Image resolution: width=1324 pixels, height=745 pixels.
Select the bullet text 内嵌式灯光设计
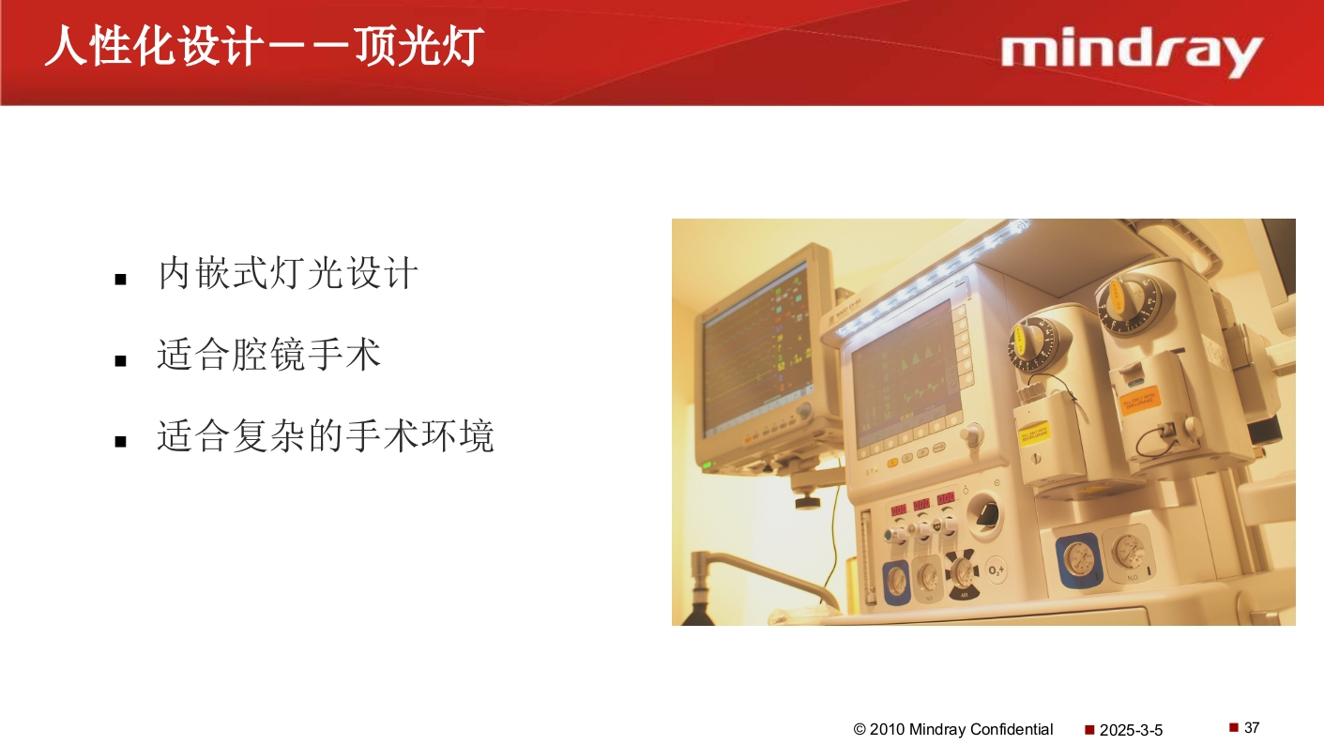click(288, 274)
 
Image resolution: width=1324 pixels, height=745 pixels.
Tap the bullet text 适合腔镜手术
click(269, 356)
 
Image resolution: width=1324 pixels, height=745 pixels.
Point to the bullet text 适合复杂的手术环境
click(326, 436)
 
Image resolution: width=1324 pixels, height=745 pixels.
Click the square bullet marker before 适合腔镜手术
click(120, 360)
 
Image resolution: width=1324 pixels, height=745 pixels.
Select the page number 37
click(1252, 727)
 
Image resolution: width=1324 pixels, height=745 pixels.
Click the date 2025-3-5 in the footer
click(1131, 730)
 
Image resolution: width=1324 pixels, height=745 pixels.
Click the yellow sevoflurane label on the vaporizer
click(1034, 433)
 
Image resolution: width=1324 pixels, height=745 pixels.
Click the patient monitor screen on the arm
click(757, 352)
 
